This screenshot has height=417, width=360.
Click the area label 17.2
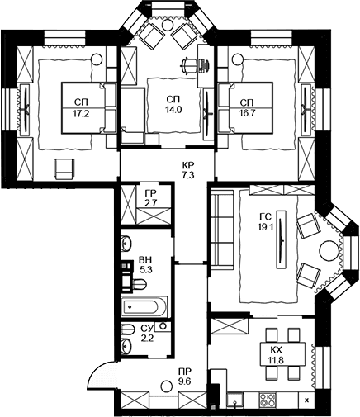(x=81, y=114)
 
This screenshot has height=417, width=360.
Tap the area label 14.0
(x=173, y=110)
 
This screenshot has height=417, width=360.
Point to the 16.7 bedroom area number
(x=247, y=113)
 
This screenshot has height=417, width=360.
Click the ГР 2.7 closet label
(x=150, y=198)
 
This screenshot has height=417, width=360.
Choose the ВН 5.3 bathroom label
(x=145, y=265)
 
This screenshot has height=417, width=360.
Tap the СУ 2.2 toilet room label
(x=147, y=333)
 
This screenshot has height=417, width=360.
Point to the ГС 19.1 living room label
(x=266, y=222)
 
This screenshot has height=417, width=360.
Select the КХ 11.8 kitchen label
(x=276, y=355)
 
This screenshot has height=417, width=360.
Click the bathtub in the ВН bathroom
(x=144, y=306)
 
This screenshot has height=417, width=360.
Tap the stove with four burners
(x=267, y=400)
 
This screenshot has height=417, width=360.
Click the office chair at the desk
(x=189, y=65)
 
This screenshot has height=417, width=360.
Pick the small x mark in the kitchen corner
(x=307, y=400)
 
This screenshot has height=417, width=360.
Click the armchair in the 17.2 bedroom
(x=64, y=169)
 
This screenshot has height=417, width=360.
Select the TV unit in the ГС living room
(x=282, y=239)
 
